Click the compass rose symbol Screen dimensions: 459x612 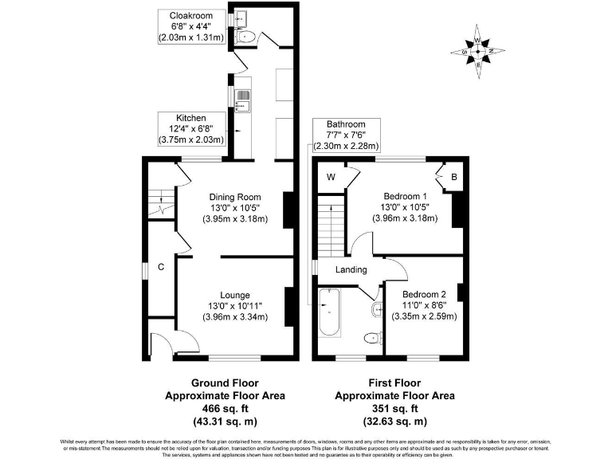point(478,53)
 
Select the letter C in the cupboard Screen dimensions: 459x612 point(160,268)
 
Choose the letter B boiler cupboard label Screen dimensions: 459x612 point(453,177)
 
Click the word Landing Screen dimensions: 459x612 point(351,269)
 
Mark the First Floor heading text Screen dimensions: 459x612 point(394,382)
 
